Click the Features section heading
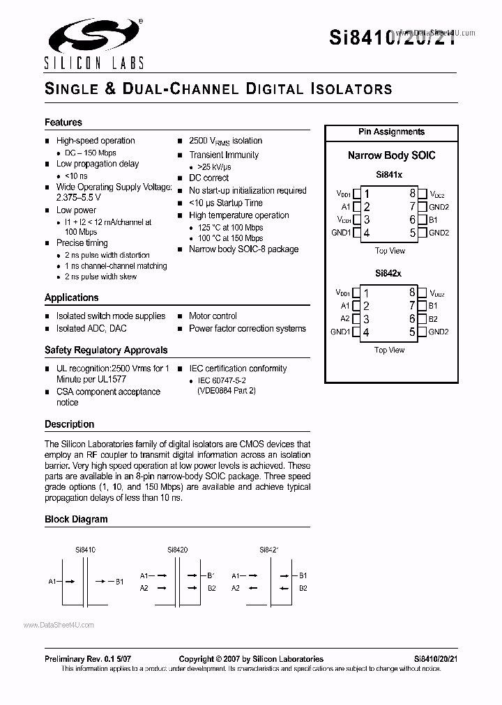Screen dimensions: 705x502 click(x=63, y=122)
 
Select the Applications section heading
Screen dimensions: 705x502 click(x=71, y=297)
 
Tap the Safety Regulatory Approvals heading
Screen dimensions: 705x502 click(x=106, y=350)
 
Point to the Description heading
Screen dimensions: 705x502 click(x=69, y=424)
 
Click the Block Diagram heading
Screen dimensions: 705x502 click(x=76, y=519)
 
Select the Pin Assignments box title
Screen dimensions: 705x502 click(x=391, y=132)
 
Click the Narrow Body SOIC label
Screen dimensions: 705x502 click(x=391, y=155)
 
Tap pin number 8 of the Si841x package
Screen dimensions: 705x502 click(x=412, y=194)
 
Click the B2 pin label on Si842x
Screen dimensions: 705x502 click(x=433, y=319)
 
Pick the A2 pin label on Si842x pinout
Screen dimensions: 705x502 click(x=345, y=319)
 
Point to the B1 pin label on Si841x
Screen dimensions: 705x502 click(x=433, y=219)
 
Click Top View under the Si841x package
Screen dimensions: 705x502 click(x=390, y=251)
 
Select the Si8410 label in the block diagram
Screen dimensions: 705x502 click(x=85, y=550)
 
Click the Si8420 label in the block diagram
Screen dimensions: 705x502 click(x=177, y=550)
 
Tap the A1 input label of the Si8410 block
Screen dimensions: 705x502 click(x=52, y=581)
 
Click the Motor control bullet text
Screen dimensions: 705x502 click(x=213, y=316)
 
